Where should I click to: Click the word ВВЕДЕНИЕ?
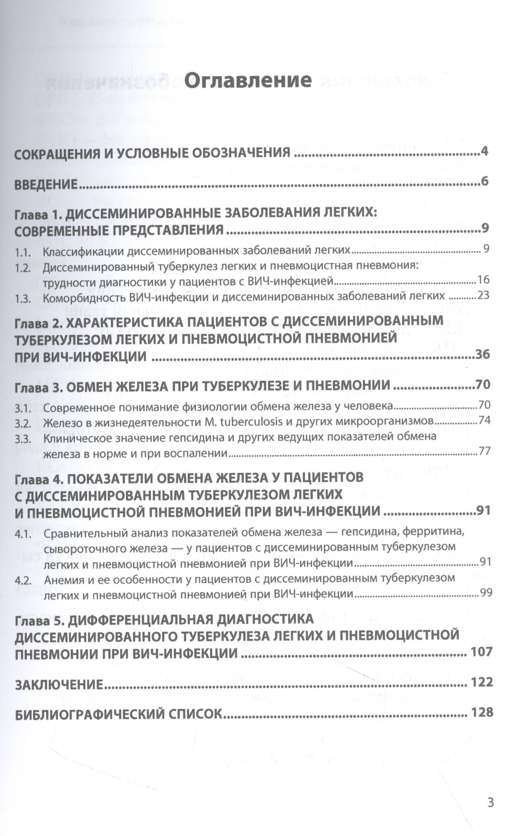(x=46, y=184)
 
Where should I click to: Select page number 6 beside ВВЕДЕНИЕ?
(x=484, y=182)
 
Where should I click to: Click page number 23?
(x=483, y=295)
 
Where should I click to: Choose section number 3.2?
(x=23, y=424)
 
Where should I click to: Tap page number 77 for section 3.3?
(x=484, y=451)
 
